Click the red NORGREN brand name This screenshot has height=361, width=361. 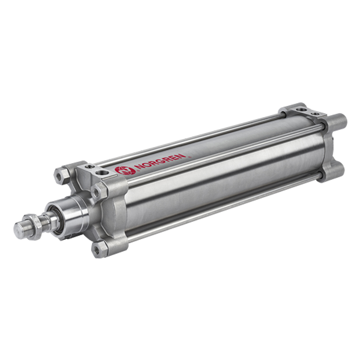161,161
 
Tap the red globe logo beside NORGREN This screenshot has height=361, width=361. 124,171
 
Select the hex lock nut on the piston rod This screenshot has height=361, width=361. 34,227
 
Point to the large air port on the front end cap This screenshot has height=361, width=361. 101,173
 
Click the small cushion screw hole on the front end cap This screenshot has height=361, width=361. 89,166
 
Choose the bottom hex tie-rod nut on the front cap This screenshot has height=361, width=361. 99,249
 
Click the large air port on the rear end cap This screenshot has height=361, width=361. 300,110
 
